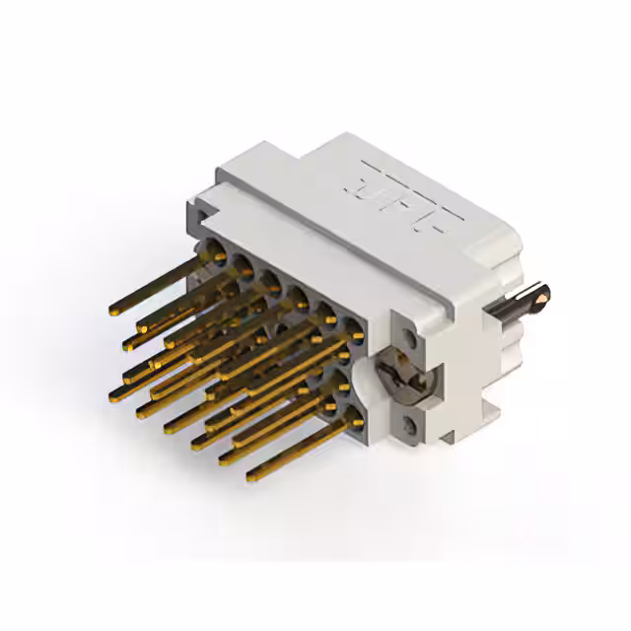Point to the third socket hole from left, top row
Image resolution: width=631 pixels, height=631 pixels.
click(x=266, y=275)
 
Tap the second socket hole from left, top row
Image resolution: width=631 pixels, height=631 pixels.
click(x=241, y=262)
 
